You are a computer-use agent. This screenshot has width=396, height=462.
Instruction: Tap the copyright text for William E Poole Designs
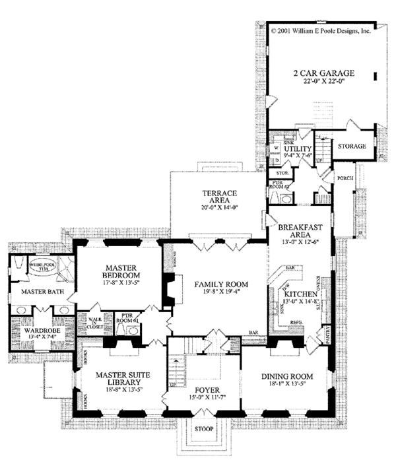[321, 30]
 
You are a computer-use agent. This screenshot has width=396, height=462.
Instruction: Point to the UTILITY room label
[298, 150]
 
